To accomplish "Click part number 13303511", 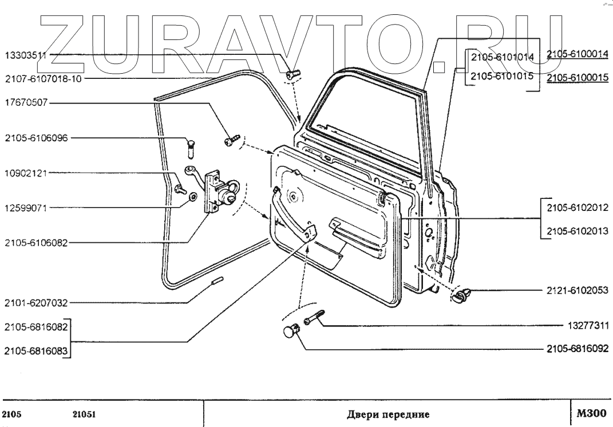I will (26, 55).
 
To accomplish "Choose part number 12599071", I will (26, 208).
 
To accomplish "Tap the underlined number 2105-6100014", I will (576, 54).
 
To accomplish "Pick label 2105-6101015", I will (501, 76).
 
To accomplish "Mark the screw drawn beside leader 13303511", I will (293, 74).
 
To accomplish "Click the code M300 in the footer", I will (590, 412).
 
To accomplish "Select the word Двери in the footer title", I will (362, 413).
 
